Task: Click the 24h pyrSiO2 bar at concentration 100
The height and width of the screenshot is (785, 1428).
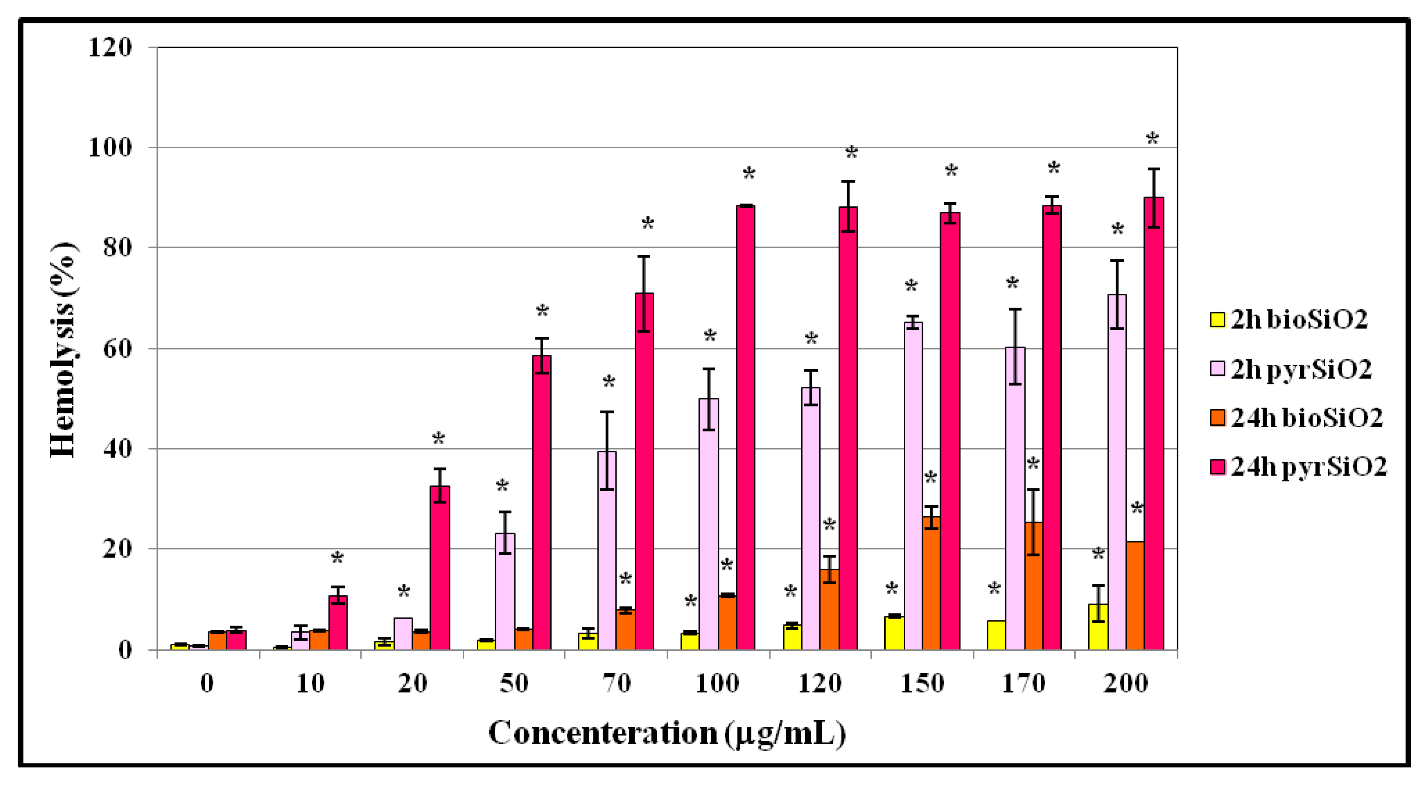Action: pos(745,427)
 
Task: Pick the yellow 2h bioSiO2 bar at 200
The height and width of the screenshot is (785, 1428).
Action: pos(1098,627)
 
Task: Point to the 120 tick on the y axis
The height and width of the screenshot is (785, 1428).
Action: pos(110,48)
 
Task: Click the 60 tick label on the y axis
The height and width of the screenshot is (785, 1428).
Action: pos(117,349)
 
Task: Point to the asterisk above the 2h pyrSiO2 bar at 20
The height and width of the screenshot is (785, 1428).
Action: pos(404,591)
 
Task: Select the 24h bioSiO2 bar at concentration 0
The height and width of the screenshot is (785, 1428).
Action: pos(217,640)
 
